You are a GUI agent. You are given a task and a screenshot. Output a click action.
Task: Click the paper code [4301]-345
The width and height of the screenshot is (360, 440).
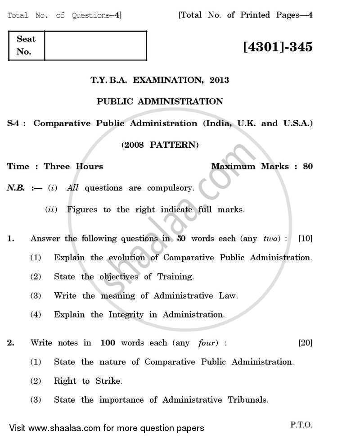click(277, 47)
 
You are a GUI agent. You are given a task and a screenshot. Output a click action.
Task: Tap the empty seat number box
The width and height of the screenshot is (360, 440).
click(95, 45)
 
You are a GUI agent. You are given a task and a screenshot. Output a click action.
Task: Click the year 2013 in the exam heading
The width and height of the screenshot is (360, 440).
click(219, 80)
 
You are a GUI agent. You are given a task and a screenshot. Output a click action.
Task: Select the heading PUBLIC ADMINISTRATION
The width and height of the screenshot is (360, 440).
click(160, 101)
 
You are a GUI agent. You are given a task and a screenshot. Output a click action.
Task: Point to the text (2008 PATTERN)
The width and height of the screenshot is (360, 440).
click(160, 145)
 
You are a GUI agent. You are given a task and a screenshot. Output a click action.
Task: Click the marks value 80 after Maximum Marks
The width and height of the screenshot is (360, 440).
click(307, 166)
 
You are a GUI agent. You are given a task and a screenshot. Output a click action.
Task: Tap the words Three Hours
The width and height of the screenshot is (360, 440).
click(73, 166)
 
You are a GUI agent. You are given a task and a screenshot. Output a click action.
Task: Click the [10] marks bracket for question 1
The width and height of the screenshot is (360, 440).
click(305, 239)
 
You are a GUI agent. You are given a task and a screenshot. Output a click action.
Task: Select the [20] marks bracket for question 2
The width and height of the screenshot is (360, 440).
click(305, 343)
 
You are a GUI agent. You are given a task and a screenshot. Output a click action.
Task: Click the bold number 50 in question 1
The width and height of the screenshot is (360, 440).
click(181, 239)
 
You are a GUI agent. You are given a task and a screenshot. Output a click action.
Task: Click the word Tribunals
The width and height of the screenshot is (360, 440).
click(247, 400)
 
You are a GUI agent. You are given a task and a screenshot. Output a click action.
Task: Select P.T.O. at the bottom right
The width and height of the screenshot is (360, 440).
click(301, 424)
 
